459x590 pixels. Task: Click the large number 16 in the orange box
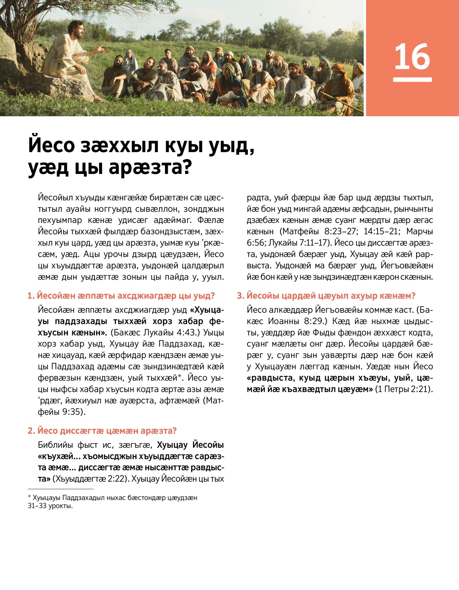click(x=412, y=57)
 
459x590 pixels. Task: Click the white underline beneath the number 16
click(x=412, y=80)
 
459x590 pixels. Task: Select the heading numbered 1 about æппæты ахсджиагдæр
click(x=121, y=296)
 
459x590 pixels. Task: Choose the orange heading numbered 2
click(x=102, y=431)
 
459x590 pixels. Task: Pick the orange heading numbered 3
click(x=326, y=296)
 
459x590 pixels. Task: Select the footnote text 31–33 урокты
click(x=50, y=506)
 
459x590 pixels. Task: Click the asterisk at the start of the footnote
click(x=29, y=497)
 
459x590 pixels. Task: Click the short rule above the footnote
click(x=60, y=489)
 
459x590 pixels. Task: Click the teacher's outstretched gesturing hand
click(x=102, y=49)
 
